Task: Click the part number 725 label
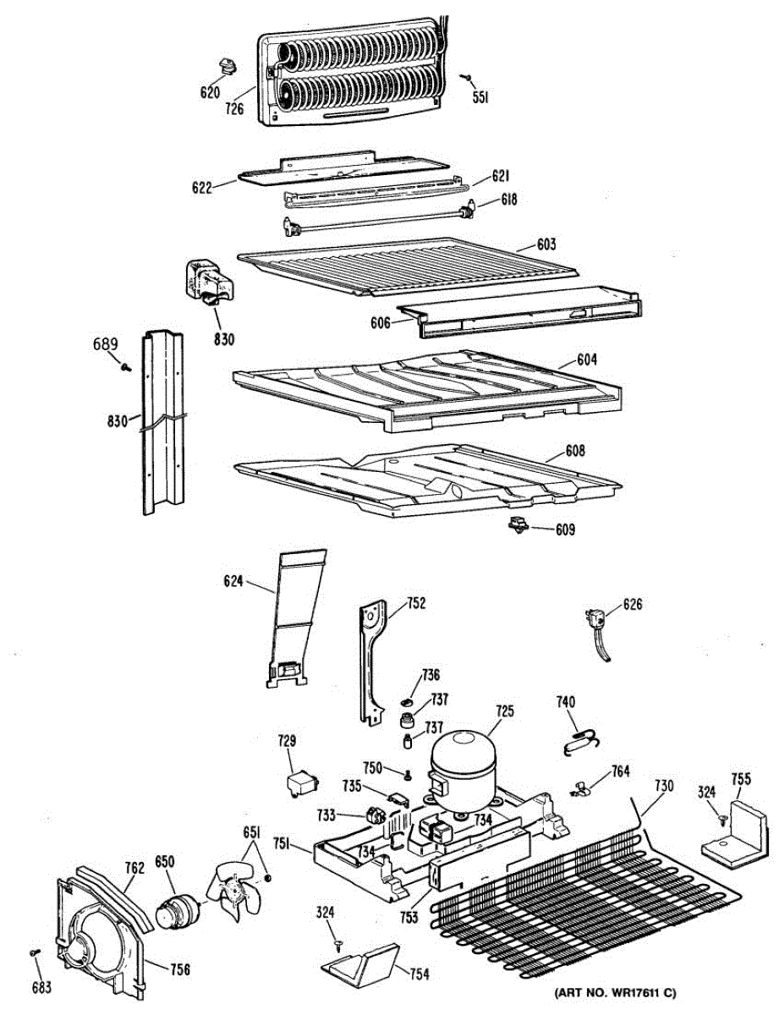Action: click(x=504, y=712)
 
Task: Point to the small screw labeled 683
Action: click(x=36, y=953)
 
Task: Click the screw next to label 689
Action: click(x=126, y=368)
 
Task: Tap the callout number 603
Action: click(x=546, y=245)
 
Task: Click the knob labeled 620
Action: click(x=227, y=65)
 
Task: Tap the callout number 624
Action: click(x=233, y=581)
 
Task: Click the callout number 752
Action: click(x=416, y=604)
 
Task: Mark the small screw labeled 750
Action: click(x=407, y=775)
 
